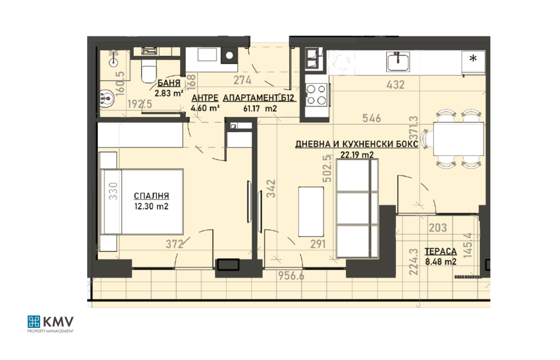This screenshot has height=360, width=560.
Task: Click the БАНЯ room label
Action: pos(169,83)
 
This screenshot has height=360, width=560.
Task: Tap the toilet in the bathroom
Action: pos(149,71)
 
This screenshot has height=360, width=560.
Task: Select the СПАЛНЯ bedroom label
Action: pos(152,196)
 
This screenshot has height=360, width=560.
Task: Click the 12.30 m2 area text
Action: pos(152,206)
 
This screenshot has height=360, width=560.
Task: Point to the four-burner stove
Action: pos(316,95)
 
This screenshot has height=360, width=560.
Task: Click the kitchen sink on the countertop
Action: pos(398,62)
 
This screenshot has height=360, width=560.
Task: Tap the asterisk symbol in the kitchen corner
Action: pos(473,59)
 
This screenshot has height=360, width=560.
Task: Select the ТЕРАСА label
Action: pos(441,251)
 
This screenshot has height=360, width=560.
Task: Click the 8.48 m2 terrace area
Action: pos(441,262)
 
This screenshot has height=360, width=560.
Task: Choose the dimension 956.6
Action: pos(291,276)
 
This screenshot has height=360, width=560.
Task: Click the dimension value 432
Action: pos(395,85)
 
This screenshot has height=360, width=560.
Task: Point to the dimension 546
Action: pos(372,118)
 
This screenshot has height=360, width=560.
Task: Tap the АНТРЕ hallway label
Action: pos(205,98)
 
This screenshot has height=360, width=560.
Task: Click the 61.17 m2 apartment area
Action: pos(260,109)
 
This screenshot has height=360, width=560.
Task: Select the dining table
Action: pos(458,139)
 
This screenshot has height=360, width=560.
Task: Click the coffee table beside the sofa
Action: pos(311,212)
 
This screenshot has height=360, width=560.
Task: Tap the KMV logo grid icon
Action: pos(34,322)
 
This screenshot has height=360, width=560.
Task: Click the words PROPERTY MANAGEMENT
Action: pos(50,331)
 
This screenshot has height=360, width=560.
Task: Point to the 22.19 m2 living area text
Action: pos(357,155)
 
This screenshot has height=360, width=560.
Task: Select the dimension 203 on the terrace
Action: pos(438,228)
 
